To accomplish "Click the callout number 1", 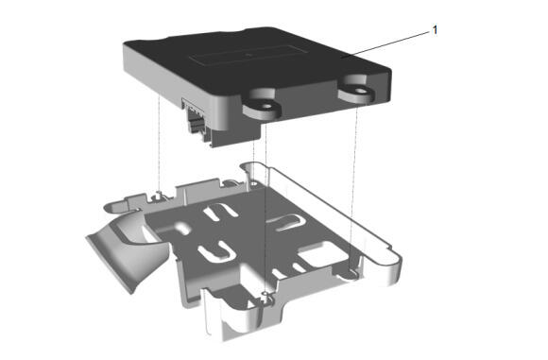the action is [x=435, y=30].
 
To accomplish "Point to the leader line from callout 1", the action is [x=385, y=43].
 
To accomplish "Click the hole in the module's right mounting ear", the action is [x=360, y=92].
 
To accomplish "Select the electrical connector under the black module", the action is [x=197, y=121].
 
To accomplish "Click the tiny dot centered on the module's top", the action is [x=248, y=54].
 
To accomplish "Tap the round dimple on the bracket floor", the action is [x=181, y=228].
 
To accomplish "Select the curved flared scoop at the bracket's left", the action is [x=128, y=249].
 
